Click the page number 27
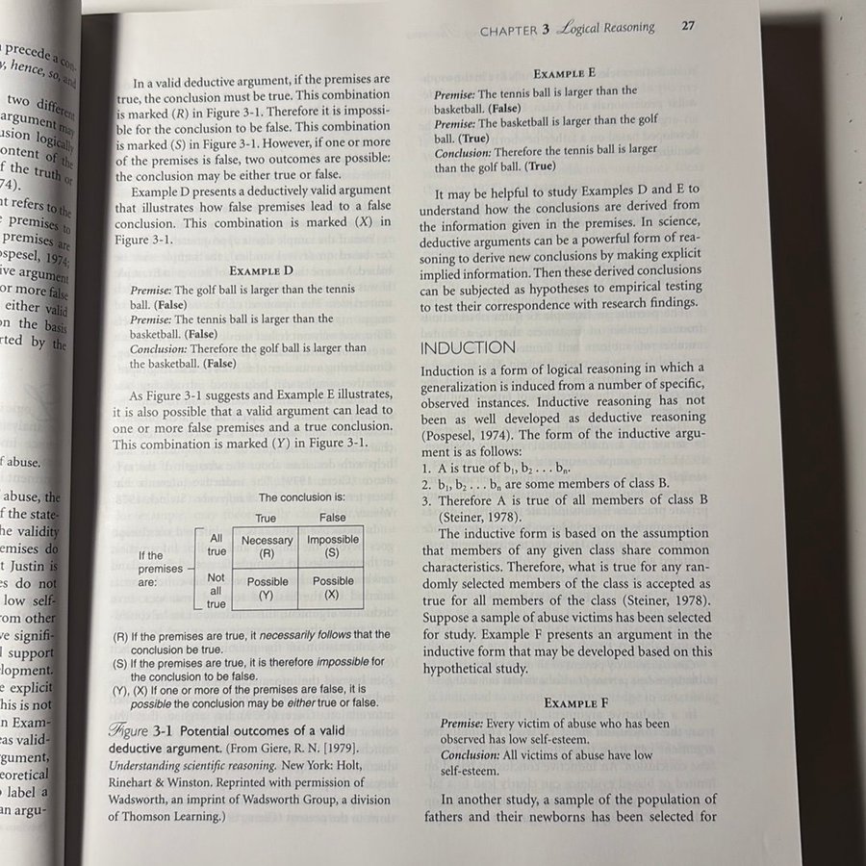pyautogui.click(x=687, y=27)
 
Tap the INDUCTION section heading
pyautogui.click(x=468, y=346)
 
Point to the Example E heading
pyautogui.click(x=565, y=72)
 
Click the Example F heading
pyautogui.click(x=577, y=703)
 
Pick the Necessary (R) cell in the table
pyautogui.click(x=267, y=547)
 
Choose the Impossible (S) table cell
pyautogui.click(x=332, y=547)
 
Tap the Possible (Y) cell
pyautogui.click(x=267, y=588)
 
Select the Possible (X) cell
pyautogui.click(x=332, y=588)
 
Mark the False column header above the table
pyautogui.click(x=332, y=518)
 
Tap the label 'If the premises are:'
pyautogui.click(x=160, y=569)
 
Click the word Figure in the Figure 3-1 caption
pyautogui.click(x=129, y=730)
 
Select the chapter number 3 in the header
pyautogui.click(x=545, y=29)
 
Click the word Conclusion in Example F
pyautogui.click(x=471, y=755)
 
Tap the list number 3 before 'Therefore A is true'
pyautogui.click(x=426, y=501)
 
